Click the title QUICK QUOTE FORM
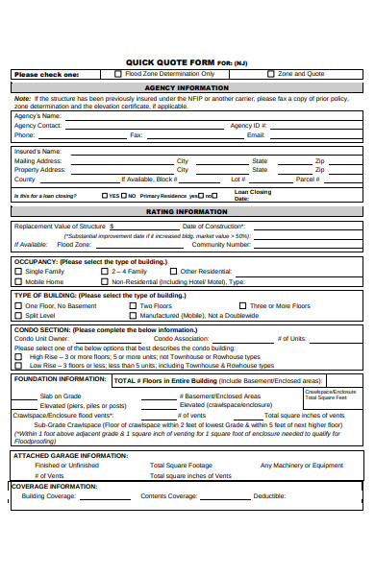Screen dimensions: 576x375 [164, 61]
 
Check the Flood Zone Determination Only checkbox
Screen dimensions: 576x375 [118, 73]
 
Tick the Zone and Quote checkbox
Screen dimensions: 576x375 [271, 73]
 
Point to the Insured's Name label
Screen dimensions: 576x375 [37, 151]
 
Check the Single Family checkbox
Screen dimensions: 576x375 [18, 272]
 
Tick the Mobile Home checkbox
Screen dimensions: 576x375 [18, 282]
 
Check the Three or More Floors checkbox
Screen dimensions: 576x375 [241, 305]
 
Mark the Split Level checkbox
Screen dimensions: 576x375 [18, 315]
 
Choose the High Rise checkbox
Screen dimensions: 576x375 [18, 356]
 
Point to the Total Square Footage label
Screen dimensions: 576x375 [181, 465]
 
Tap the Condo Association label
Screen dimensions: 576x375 [181, 338]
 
